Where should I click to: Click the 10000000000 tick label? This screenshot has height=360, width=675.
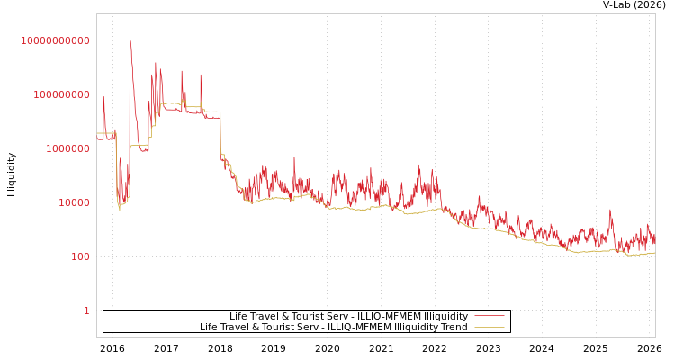56,40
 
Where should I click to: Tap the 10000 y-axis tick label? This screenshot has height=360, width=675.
71,202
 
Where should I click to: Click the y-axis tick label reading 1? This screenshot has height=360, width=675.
86,310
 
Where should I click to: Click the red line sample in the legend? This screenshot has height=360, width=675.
489,316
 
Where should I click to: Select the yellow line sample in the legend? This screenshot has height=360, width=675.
489,327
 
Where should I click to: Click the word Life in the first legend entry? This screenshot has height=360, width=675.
238,316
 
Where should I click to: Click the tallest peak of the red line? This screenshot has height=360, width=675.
130,40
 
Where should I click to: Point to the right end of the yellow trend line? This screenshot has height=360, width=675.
654,253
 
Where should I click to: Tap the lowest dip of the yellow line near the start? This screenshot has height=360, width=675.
119,209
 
